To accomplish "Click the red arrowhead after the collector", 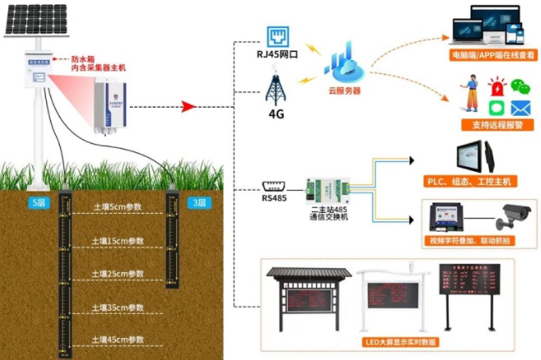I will click(187, 107).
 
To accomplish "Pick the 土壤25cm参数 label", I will click(118, 274).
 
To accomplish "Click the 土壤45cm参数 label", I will click(118, 339).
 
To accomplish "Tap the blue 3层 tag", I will click(198, 202).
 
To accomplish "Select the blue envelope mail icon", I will click(520, 107).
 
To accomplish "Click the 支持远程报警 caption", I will click(493, 125).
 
